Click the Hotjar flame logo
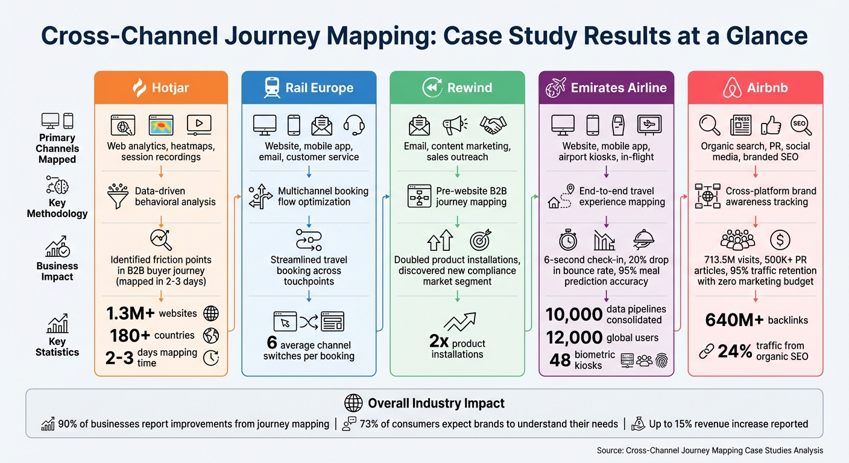click(x=139, y=88)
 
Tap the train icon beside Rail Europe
click(x=272, y=88)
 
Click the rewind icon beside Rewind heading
click(x=432, y=88)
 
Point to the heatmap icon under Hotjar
click(x=160, y=125)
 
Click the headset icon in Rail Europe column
click(x=354, y=125)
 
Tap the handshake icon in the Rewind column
click(x=493, y=125)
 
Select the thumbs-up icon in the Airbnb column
click(x=771, y=125)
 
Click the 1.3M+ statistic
click(x=131, y=313)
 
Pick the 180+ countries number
click(x=130, y=335)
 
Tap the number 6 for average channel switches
click(x=272, y=343)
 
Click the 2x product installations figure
click(x=438, y=342)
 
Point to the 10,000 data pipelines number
click(x=574, y=314)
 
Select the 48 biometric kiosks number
click(x=560, y=360)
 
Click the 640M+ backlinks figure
click(x=734, y=320)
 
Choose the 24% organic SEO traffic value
click(x=735, y=351)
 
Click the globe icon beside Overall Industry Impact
click(x=353, y=403)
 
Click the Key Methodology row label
click(x=57, y=207)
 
